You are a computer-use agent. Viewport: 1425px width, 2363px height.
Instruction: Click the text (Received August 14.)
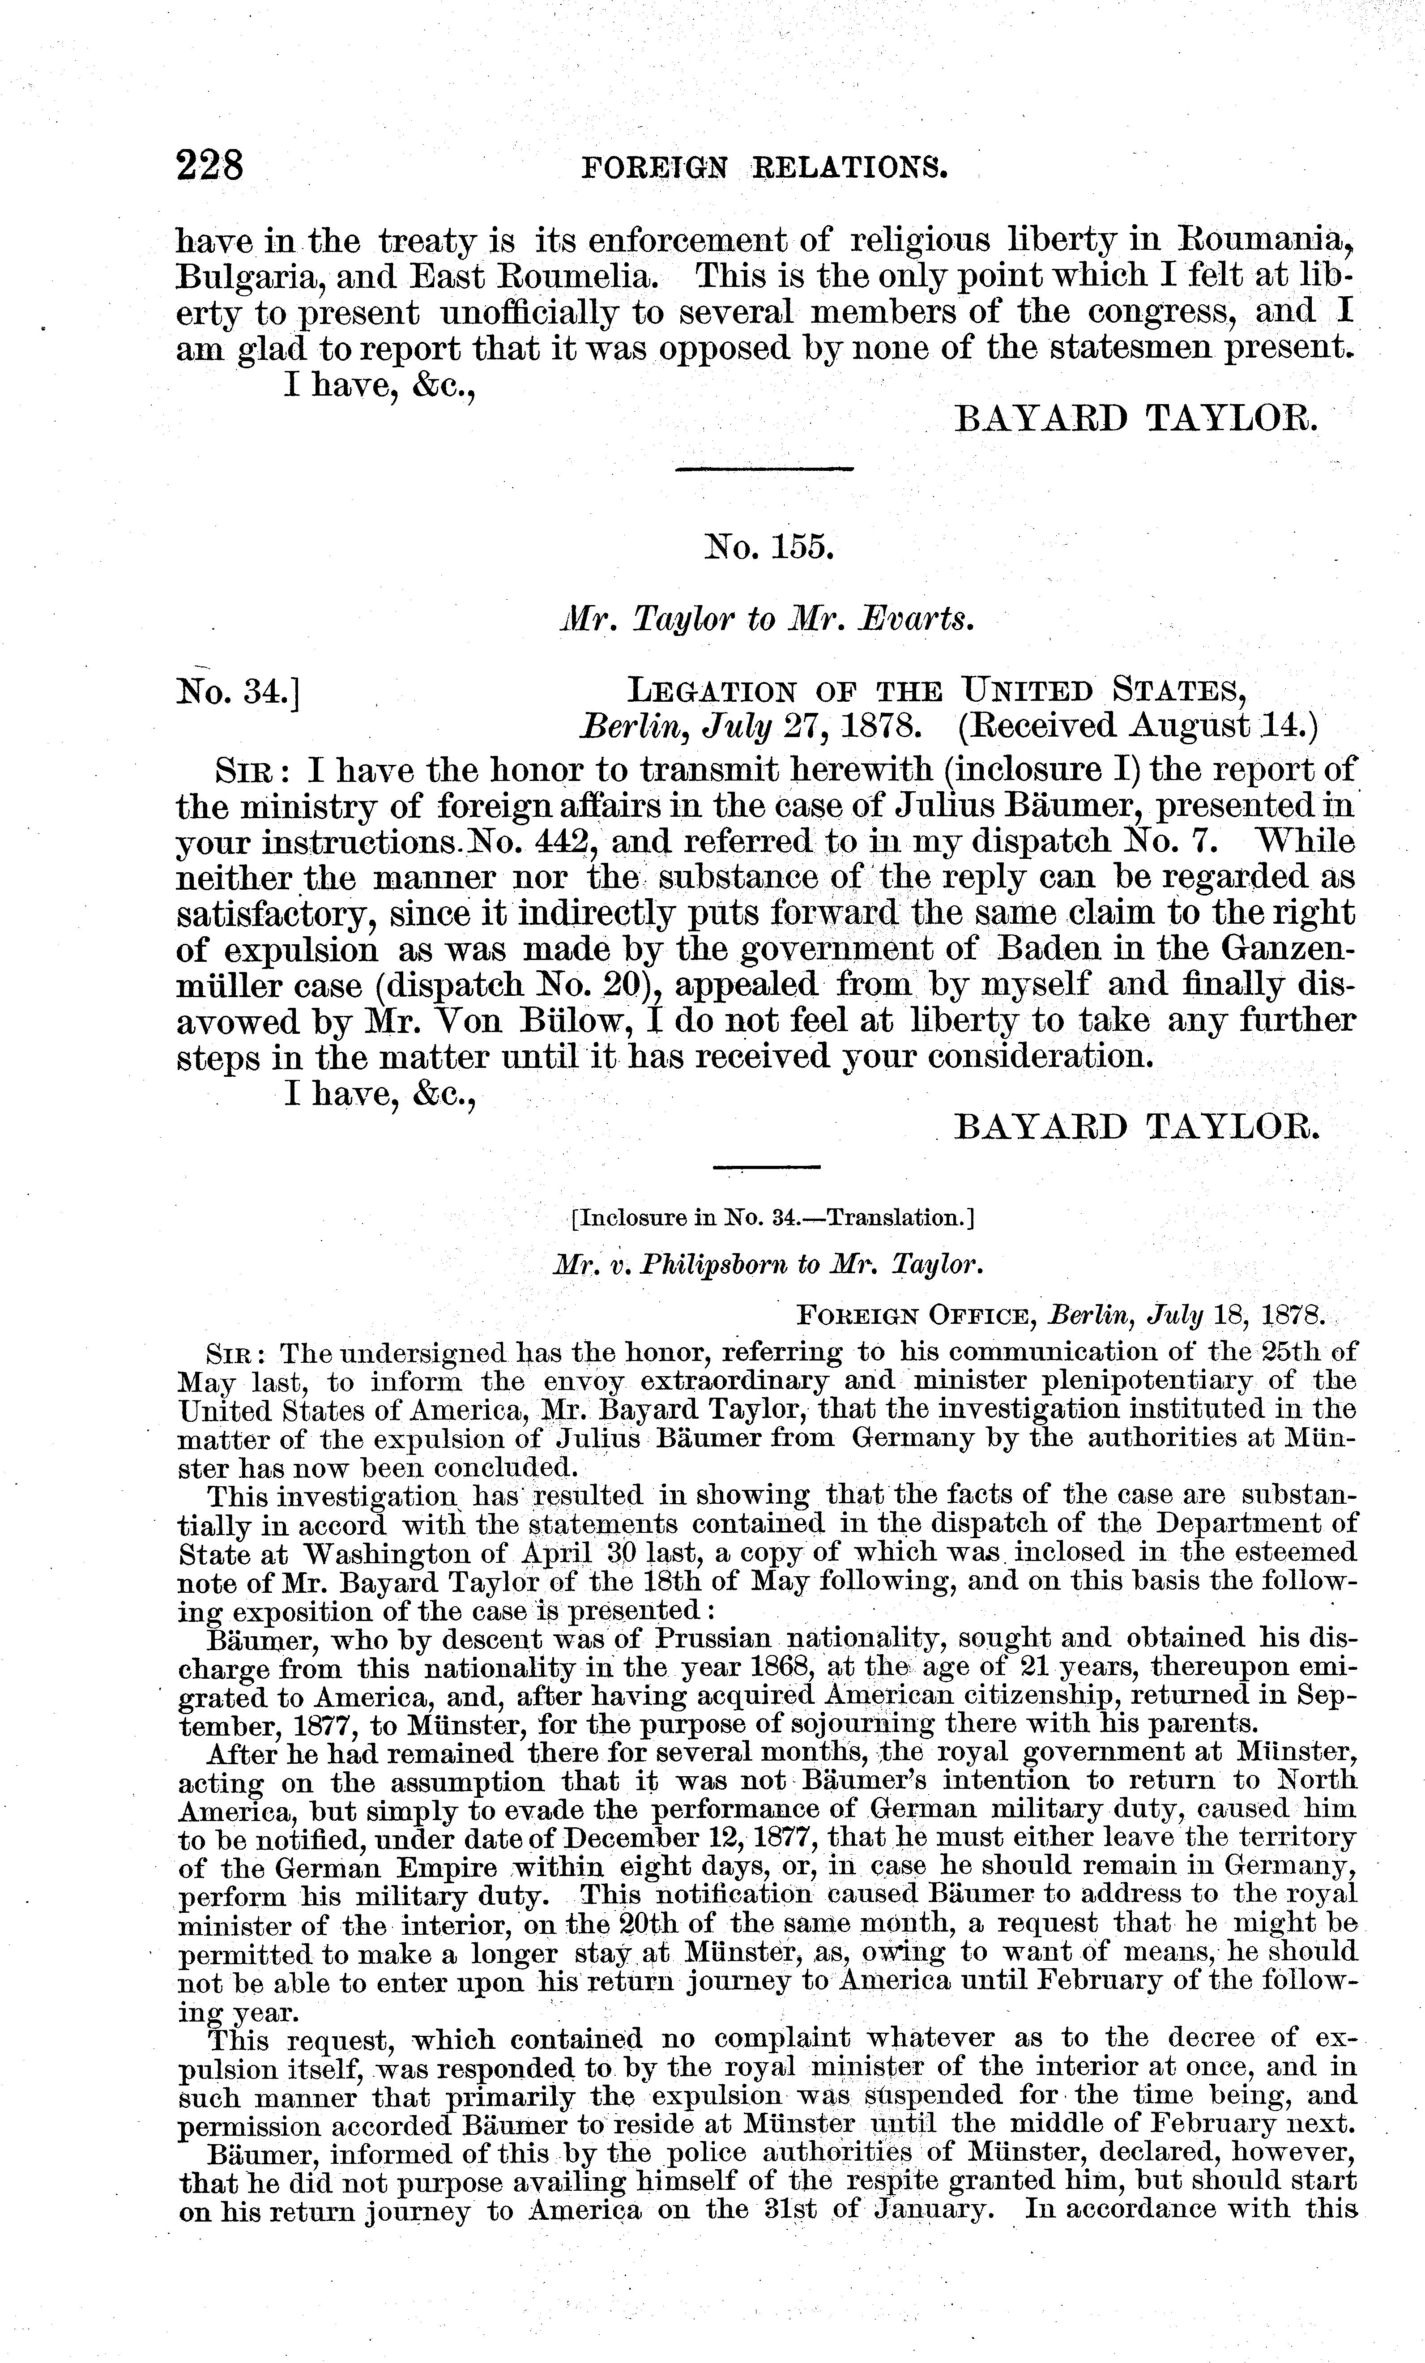pyautogui.click(x=1138, y=726)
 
